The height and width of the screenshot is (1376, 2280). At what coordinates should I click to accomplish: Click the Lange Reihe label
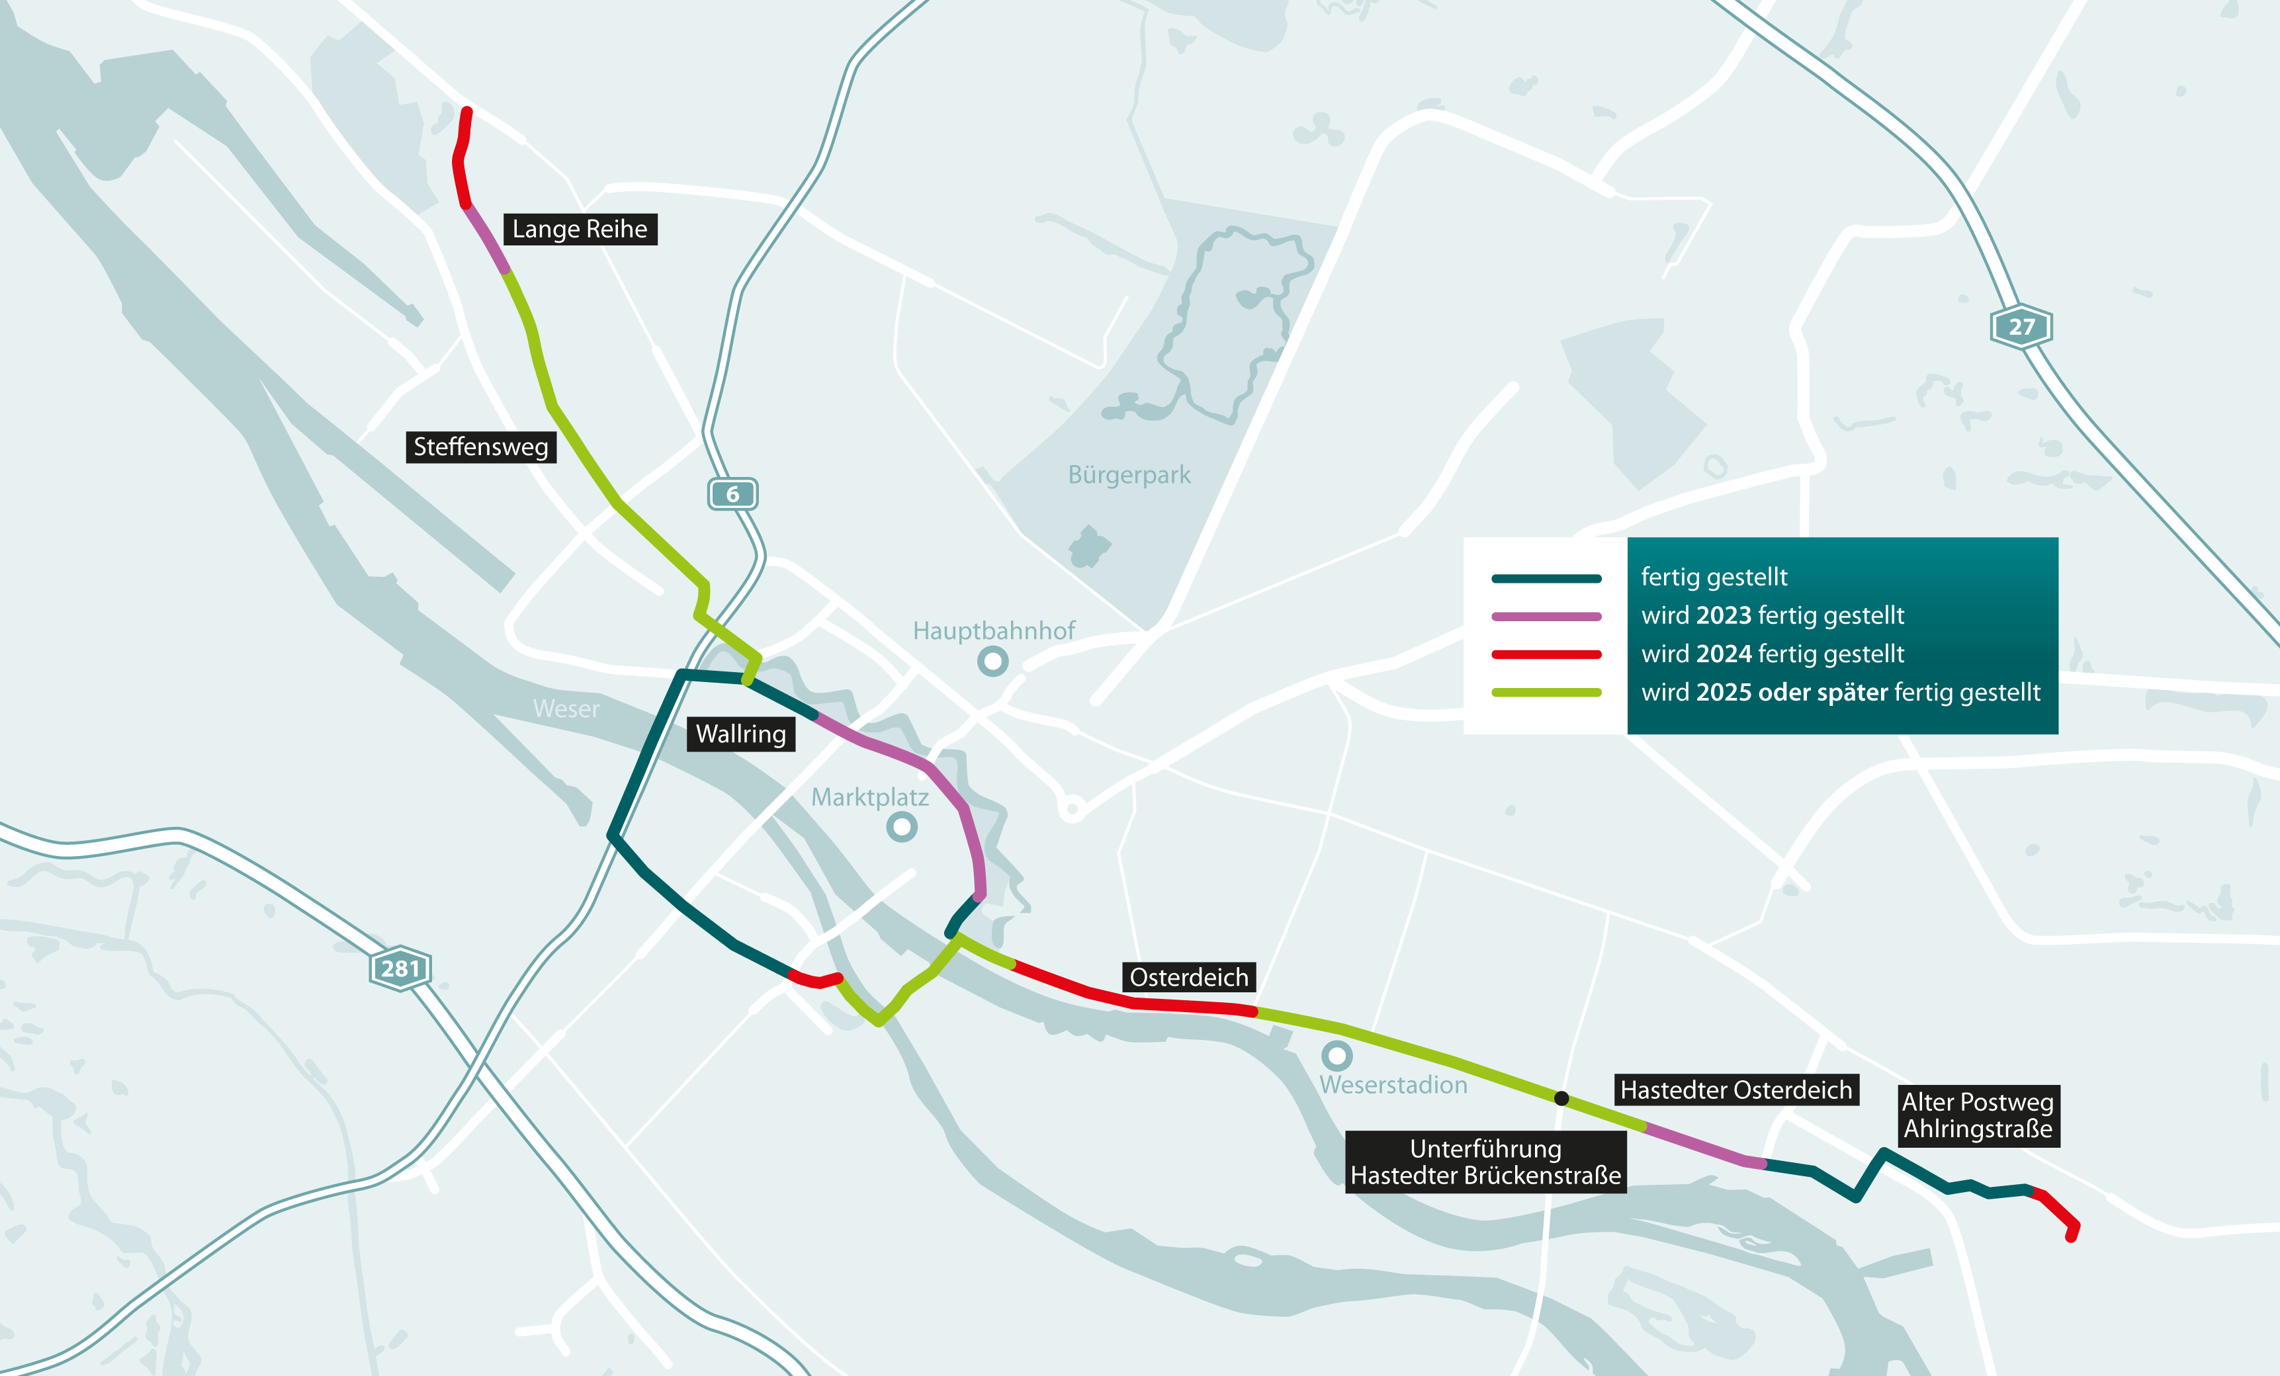tap(580, 229)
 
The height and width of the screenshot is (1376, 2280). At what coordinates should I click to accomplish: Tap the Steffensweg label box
tap(481, 447)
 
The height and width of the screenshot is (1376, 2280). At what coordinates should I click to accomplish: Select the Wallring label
tap(740, 734)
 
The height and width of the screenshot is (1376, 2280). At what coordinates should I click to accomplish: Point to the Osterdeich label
tap(1189, 977)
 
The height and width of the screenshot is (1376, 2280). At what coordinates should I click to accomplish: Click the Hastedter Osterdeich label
tap(1736, 1090)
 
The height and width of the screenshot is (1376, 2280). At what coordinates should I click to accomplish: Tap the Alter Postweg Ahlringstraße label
tap(1978, 1115)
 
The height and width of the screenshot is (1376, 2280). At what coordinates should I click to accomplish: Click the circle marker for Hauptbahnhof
tap(993, 661)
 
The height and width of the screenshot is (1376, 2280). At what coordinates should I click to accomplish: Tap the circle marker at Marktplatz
tap(901, 826)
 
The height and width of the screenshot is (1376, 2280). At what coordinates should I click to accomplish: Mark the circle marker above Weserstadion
tap(1336, 1055)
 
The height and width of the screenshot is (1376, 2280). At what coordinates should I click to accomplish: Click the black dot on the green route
tap(1561, 1098)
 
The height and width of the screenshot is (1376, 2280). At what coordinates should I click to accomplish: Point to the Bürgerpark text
tap(1129, 475)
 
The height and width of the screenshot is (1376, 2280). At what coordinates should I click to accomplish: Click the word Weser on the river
tap(566, 709)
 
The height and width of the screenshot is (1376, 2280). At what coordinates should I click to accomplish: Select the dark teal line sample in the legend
tap(1546, 578)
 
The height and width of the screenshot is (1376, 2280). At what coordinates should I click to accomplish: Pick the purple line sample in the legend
tap(1546, 617)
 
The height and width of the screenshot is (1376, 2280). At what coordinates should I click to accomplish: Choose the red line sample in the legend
tap(1546, 654)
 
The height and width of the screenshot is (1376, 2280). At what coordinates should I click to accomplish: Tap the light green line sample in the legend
tap(1546, 692)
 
